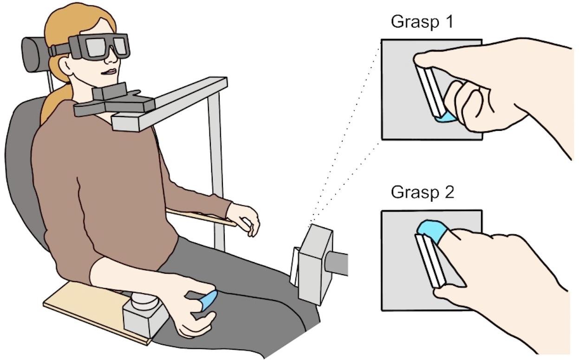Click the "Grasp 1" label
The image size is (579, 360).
(x=422, y=21)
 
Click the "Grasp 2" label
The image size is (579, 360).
(x=422, y=192)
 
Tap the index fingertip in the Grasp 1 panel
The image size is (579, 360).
(x=423, y=59)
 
